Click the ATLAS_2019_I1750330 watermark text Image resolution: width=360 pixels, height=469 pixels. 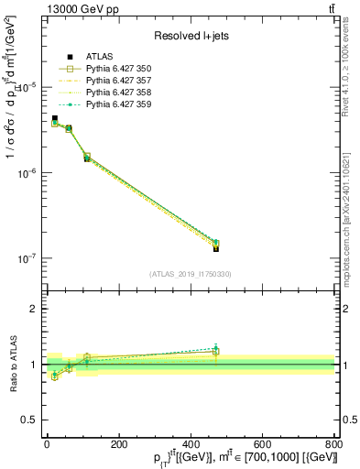190,274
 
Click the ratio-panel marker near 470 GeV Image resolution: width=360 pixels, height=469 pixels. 215,350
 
